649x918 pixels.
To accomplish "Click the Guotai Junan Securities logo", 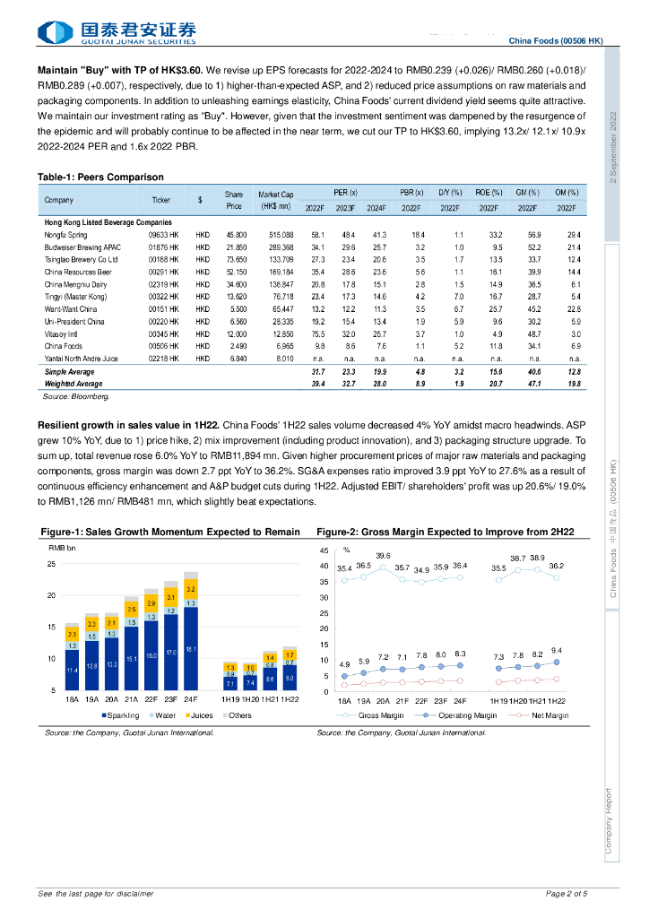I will [x=117, y=33].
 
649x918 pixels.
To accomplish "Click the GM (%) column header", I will [x=527, y=193].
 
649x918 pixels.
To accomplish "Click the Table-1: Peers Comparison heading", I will [x=100, y=177].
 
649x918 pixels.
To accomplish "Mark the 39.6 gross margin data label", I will [x=383, y=556].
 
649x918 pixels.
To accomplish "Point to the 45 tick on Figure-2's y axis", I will [x=324, y=550].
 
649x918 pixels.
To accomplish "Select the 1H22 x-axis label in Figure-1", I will [x=289, y=699].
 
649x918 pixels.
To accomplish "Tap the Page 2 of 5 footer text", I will [x=567, y=893].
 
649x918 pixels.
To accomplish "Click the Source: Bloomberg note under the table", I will [x=77, y=394].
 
